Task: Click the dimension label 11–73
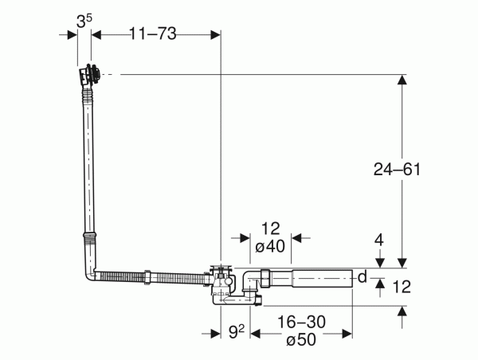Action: tap(153, 33)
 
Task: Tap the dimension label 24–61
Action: tap(397, 169)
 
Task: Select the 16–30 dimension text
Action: tap(301, 322)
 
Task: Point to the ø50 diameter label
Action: tap(301, 339)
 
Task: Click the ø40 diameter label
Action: tap(270, 245)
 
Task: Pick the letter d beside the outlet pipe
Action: tap(362, 276)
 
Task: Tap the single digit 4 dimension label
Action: tap(379, 241)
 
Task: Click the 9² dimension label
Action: tap(237, 331)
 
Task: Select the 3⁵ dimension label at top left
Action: tap(84, 22)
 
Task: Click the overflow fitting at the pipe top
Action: tap(89, 75)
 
